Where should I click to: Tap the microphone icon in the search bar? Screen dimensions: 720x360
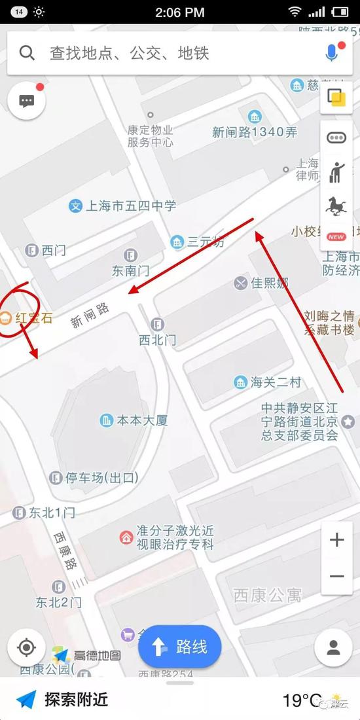click(332, 53)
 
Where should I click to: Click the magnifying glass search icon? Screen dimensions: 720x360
click(27, 53)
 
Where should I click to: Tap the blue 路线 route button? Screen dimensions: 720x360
click(180, 647)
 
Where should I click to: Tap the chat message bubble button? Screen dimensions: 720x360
click(27, 101)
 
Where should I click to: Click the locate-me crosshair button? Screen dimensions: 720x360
click(27, 647)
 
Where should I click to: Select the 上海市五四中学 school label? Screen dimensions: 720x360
click(123, 206)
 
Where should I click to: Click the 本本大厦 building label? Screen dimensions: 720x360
click(134, 420)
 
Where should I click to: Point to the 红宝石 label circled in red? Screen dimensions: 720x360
click(27, 319)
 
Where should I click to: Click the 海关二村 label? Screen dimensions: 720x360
click(268, 382)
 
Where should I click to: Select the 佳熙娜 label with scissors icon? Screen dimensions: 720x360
click(262, 283)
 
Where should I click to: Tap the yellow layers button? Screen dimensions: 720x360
click(336, 99)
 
